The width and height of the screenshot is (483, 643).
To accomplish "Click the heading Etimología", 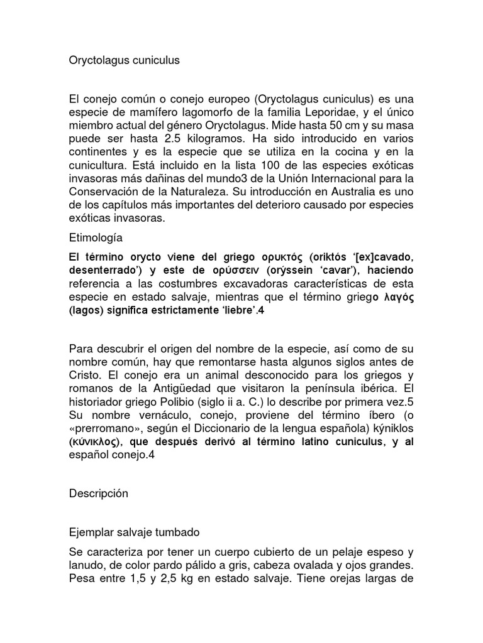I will coord(96,239).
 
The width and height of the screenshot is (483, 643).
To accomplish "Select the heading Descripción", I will coord(99,494).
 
